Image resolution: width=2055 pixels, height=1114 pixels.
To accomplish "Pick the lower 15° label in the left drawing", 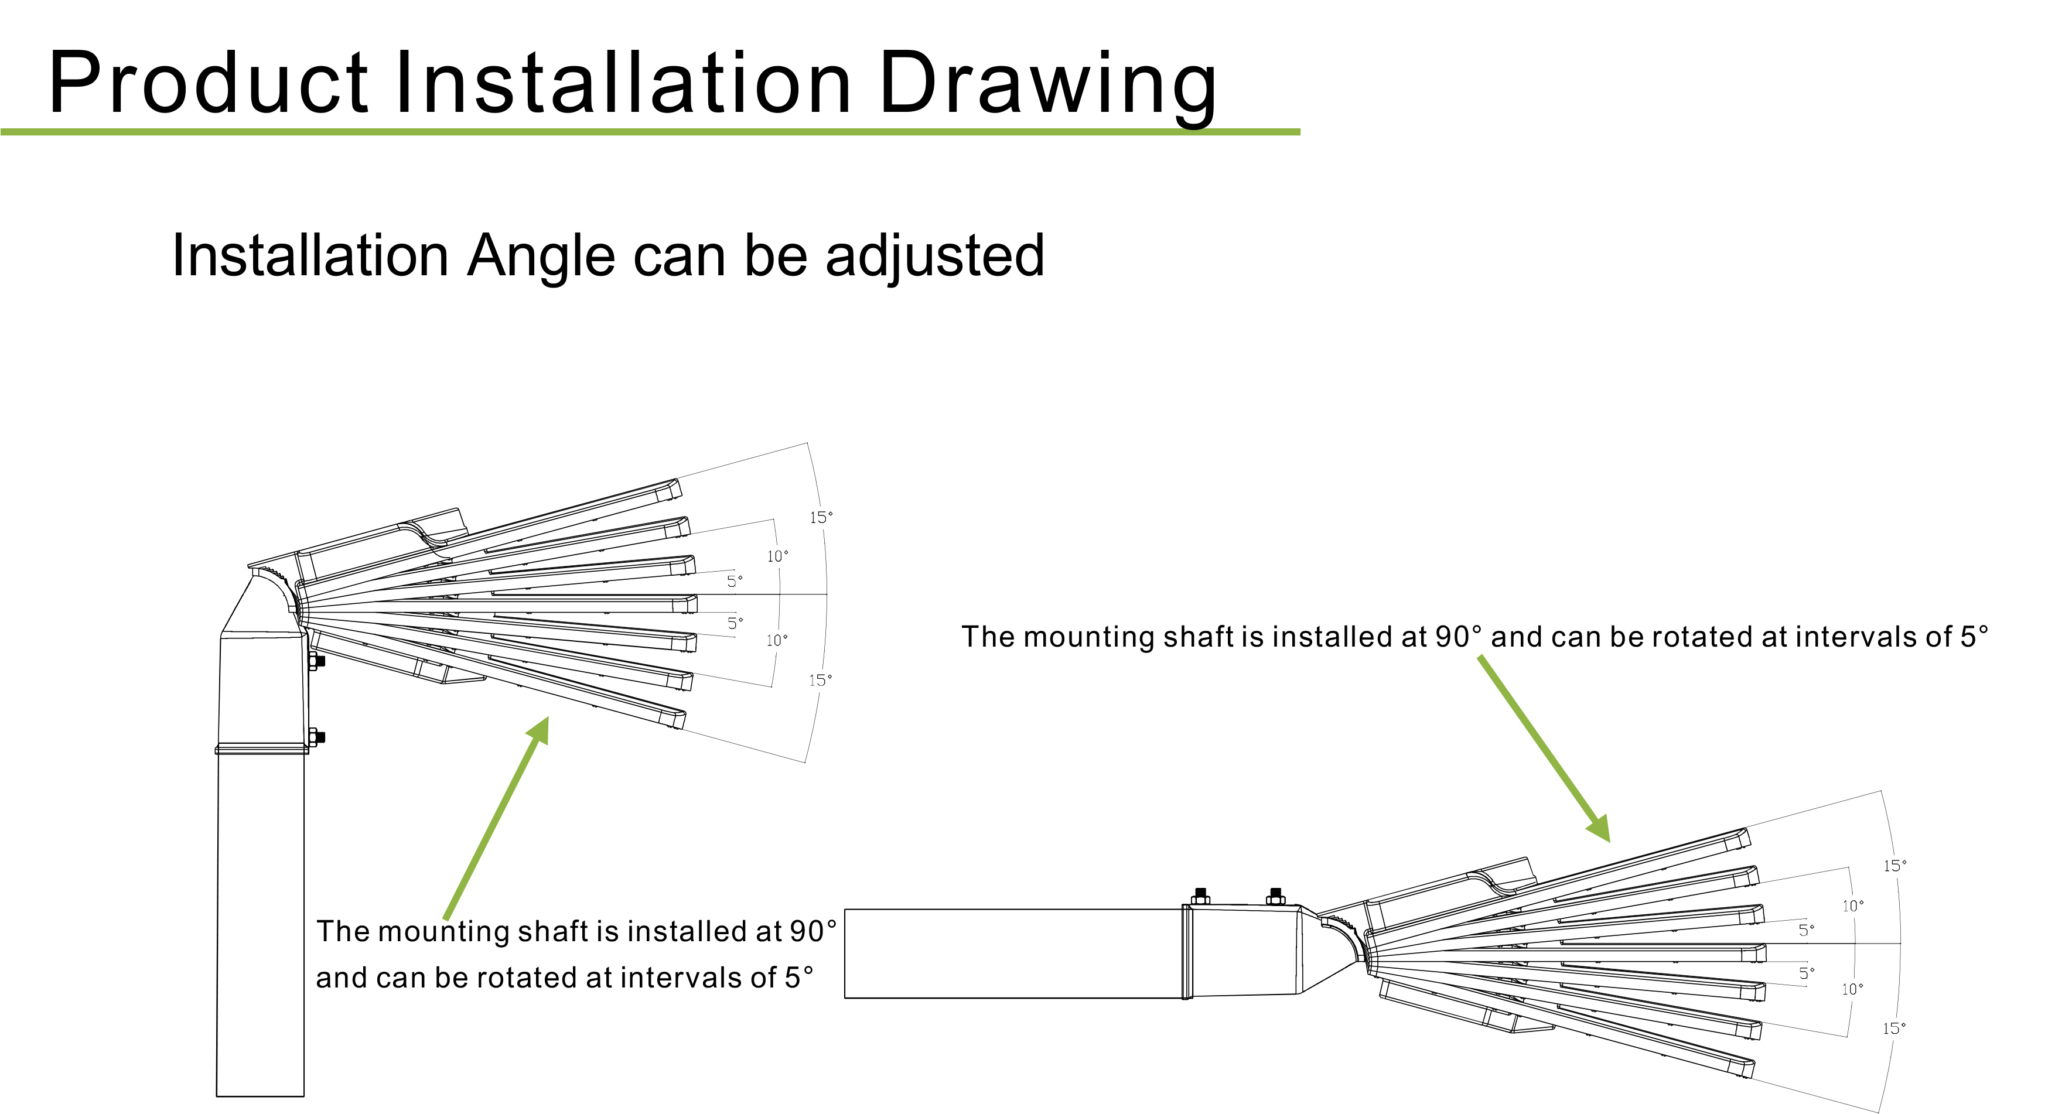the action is [820, 680].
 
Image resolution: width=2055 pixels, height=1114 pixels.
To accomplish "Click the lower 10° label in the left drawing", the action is [777, 640].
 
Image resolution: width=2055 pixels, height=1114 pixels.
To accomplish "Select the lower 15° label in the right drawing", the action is [1894, 1028].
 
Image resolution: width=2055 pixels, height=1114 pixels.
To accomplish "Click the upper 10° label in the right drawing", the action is [1852, 906].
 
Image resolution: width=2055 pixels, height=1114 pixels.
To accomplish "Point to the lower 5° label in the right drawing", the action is [1807, 973].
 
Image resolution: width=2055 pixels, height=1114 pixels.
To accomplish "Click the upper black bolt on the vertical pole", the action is [318, 661].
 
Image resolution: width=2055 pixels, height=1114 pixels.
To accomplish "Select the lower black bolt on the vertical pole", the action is [318, 737].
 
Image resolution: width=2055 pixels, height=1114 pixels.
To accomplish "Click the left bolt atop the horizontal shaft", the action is [1200, 896].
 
